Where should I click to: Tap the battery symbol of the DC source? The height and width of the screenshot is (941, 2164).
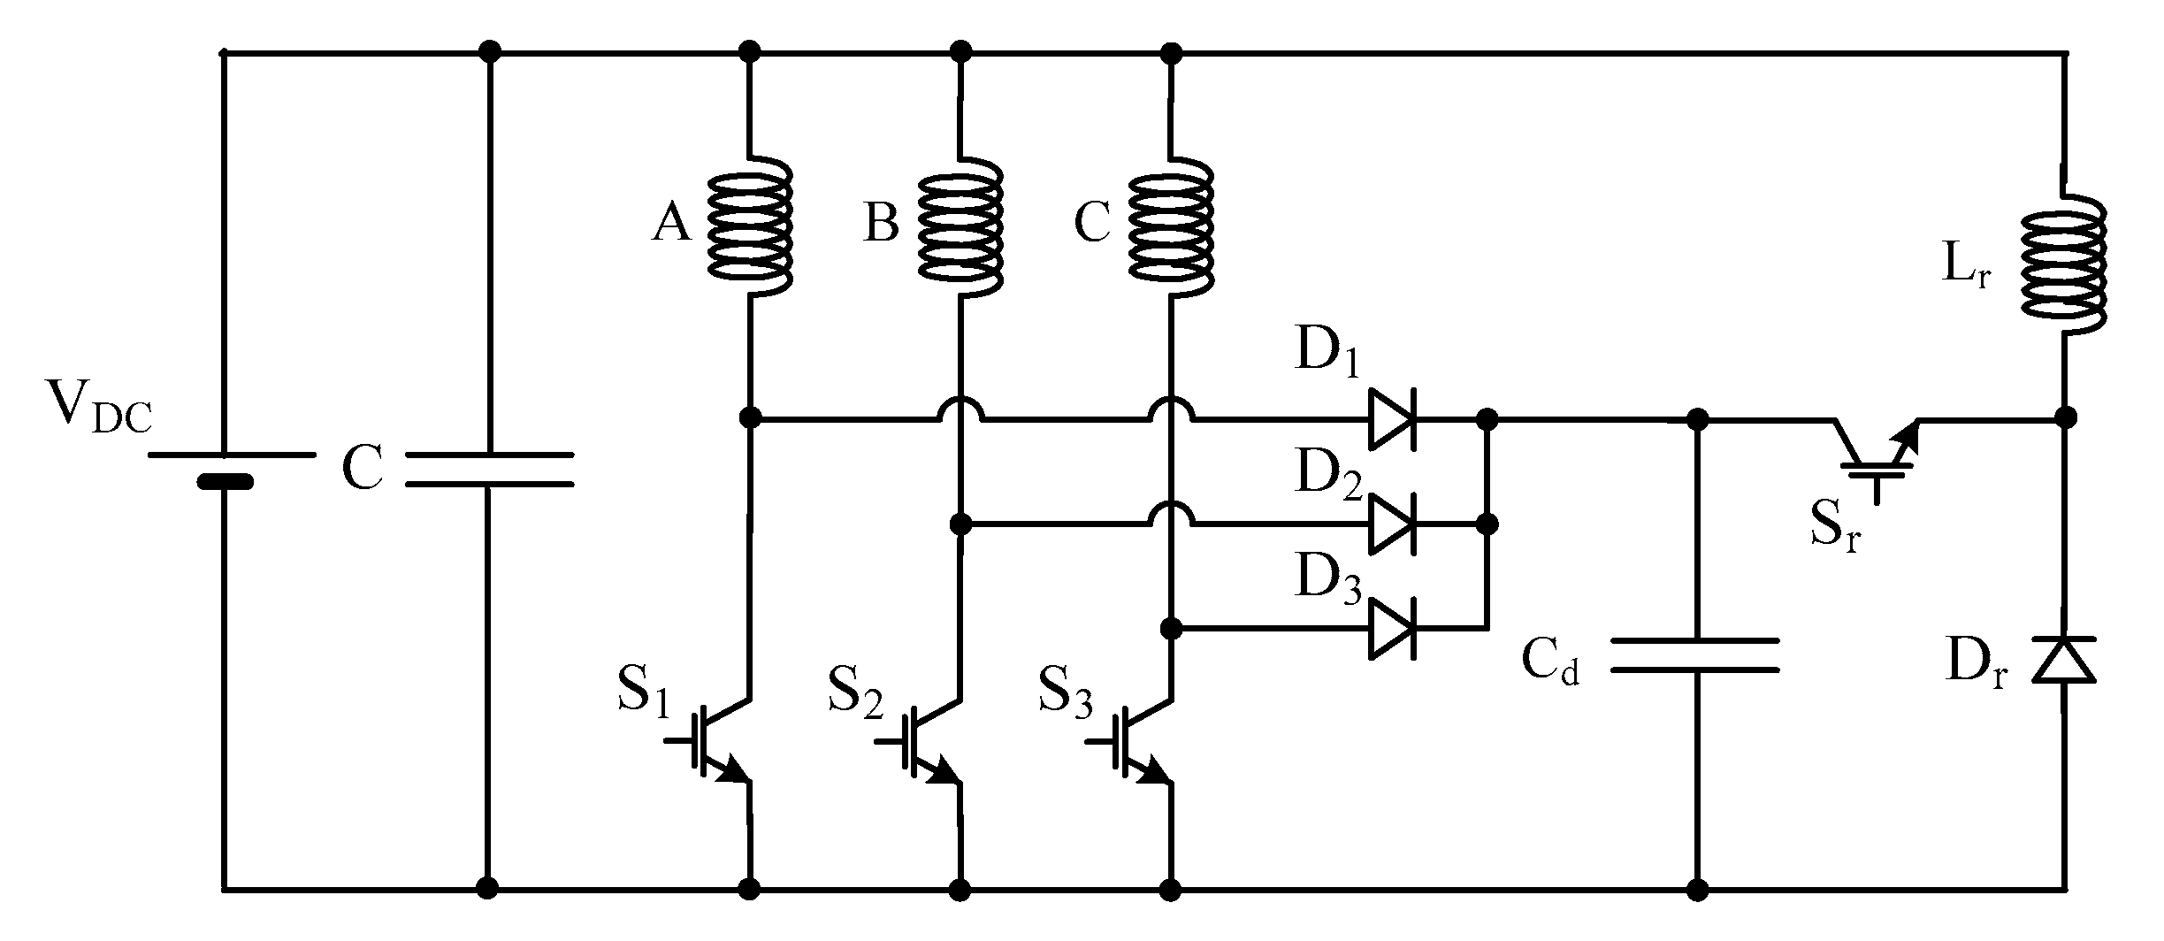tap(225, 469)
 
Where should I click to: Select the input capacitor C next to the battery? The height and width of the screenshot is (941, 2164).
tap(488, 470)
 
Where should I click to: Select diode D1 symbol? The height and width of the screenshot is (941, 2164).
tap(1394, 418)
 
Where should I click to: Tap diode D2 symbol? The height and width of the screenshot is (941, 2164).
tap(1394, 524)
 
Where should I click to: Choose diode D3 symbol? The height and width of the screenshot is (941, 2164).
tap(1394, 629)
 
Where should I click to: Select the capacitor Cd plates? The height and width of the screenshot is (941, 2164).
tap(1694, 654)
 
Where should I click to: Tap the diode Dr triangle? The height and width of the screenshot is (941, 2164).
tap(2064, 661)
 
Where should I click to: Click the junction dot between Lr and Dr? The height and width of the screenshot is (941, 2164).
tap(2065, 417)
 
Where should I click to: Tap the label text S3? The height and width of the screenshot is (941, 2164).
tap(1065, 692)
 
